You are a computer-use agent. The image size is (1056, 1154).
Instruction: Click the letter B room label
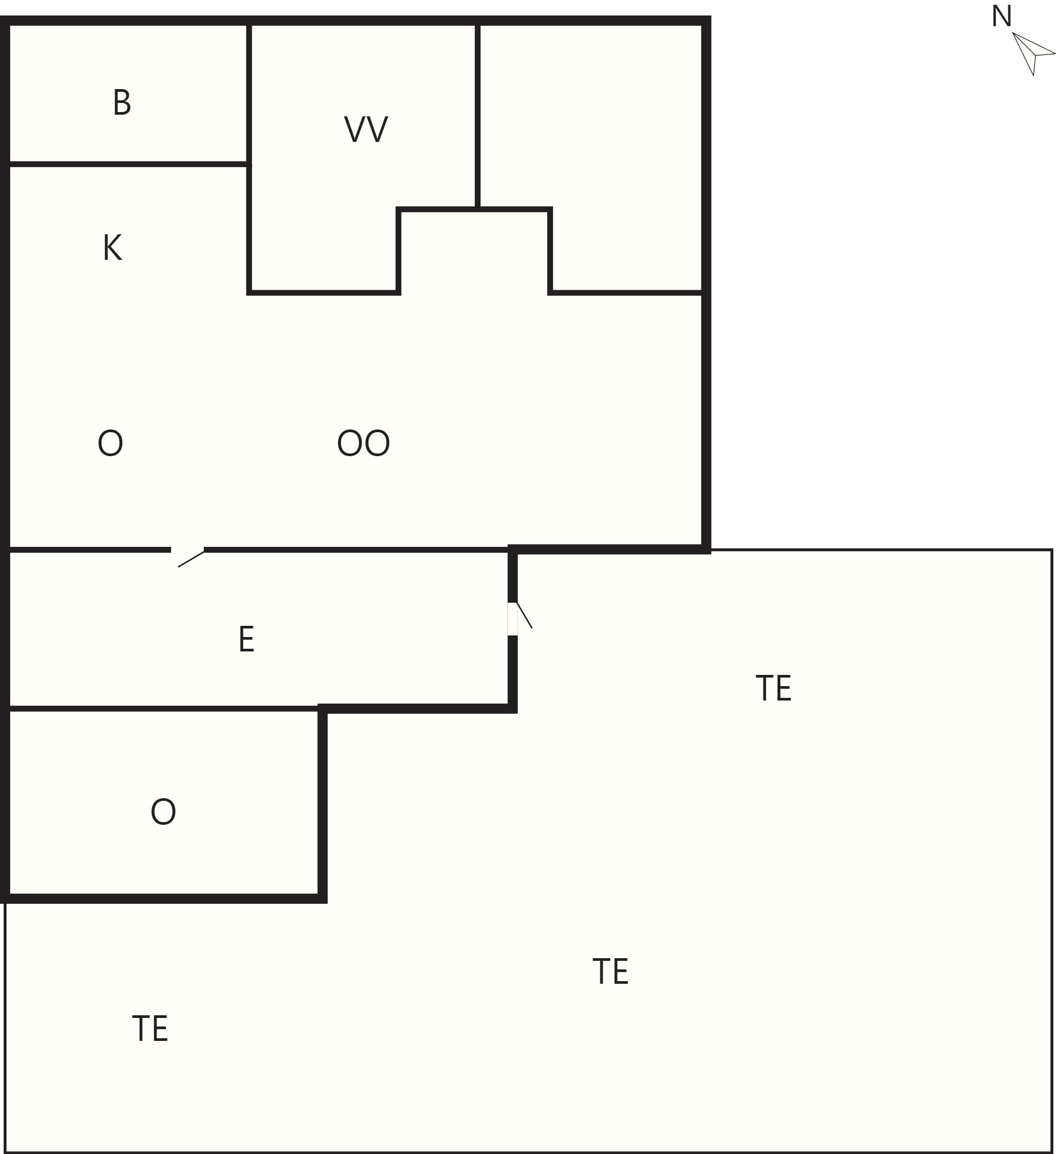(122, 102)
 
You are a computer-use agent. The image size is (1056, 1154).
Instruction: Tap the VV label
(366, 129)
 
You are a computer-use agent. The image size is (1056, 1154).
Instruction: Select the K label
(112, 248)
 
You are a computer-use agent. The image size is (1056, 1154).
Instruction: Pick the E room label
(246, 639)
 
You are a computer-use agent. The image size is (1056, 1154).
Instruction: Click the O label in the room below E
(163, 811)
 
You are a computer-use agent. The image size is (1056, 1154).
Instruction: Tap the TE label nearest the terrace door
(773, 688)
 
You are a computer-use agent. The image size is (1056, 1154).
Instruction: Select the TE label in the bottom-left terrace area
(150, 1029)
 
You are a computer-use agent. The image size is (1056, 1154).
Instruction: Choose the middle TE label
(610, 972)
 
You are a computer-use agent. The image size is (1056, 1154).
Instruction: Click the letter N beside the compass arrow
(1002, 16)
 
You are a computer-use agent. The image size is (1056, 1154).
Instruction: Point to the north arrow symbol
(1034, 54)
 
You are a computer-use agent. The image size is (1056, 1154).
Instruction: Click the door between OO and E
(188, 557)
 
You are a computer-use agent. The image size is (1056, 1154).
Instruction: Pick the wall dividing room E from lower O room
(164, 709)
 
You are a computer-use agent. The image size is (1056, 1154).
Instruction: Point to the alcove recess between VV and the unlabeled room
(474, 252)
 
